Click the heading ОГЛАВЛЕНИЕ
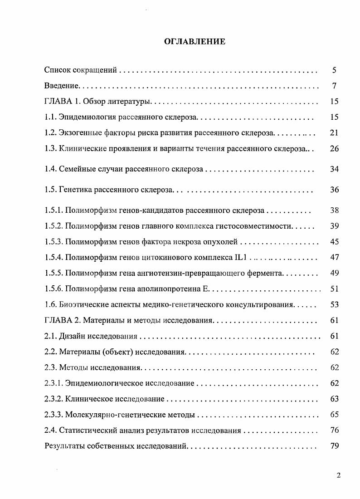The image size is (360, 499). pyautogui.click(x=195, y=42)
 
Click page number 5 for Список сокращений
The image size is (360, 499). pyautogui.click(x=334, y=70)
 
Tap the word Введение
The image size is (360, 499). pyautogui.click(x=62, y=86)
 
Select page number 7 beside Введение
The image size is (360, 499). pyautogui.click(x=334, y=86)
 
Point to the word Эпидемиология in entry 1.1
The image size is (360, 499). pyautogui.click(x=87, y=117)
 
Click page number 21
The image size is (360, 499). pyautogui.click(x=334, y=133)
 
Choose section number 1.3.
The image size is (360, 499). pyautogui.click(x=50, y=148)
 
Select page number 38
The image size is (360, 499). pyautogui.click(x=334, y=210)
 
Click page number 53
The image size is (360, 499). pyautogui.click(x=334, y=304)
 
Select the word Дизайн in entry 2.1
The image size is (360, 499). pyautogui.click(x=73, y=336)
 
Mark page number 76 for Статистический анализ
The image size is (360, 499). pyautogui.click(x=334, y=430)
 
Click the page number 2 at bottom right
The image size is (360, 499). pyautogui.click(x=338, y=475)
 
